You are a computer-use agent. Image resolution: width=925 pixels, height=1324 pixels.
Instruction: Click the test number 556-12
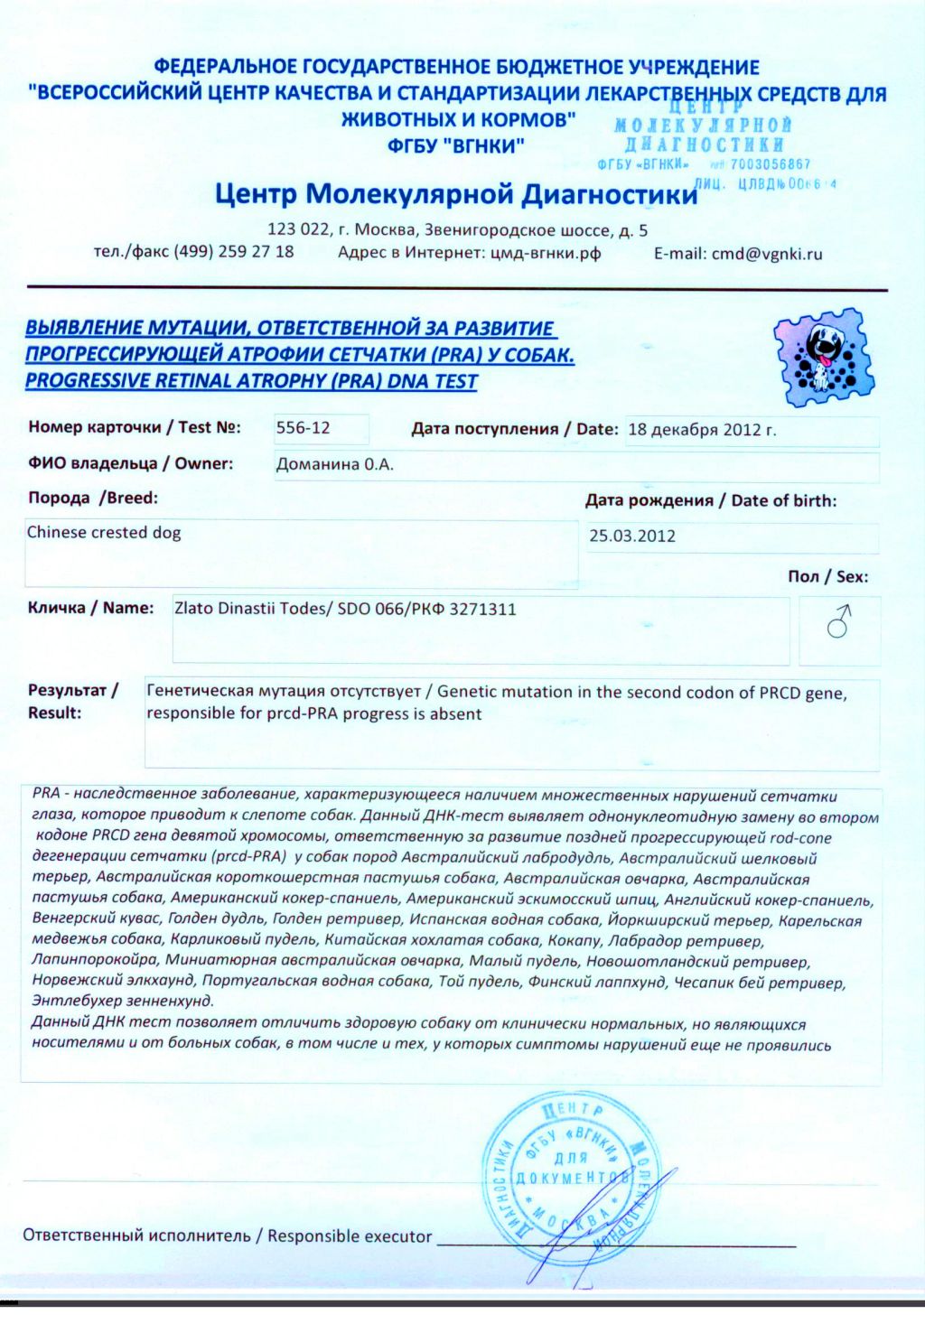coord(304,428)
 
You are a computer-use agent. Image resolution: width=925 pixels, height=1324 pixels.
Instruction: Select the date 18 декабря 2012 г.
coord(702,430)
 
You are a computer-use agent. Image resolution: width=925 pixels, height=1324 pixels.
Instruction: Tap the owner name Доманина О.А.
coord(335,465)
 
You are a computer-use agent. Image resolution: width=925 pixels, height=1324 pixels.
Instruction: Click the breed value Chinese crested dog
coord(104,533)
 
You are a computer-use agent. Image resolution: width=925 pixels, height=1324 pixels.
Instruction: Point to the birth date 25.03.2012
coord(632,536)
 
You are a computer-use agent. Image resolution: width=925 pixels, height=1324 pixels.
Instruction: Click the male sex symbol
coord(839,621)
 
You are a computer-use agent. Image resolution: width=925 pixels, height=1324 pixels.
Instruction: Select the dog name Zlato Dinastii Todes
coord(250,609)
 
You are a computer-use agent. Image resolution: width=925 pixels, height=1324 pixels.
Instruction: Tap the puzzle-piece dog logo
coord(824,356)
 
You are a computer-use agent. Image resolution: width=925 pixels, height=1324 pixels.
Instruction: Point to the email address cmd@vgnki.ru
coord(767,254)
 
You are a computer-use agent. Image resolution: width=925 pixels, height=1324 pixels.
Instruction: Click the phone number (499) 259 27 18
coord(234,251)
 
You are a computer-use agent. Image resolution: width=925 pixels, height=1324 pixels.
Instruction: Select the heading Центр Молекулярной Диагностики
coord(456,193)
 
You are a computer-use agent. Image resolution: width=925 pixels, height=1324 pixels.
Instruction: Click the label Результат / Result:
coord(73,702)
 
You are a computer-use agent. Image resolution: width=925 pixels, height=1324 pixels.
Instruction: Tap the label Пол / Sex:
coord(827,577)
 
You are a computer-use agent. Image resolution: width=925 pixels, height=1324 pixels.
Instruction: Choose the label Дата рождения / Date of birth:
coord(711,500)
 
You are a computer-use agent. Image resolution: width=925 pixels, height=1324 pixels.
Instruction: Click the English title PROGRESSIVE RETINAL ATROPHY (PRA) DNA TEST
coord(251,381)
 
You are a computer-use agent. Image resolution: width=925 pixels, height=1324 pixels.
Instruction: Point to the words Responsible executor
coord(350,1235)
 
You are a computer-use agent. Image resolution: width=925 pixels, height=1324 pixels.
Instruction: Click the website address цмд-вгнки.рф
coord(546,253)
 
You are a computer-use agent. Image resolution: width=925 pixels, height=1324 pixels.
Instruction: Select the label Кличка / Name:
coord(90,608)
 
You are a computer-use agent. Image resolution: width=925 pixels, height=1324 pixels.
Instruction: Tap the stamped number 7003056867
coord(771,164)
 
